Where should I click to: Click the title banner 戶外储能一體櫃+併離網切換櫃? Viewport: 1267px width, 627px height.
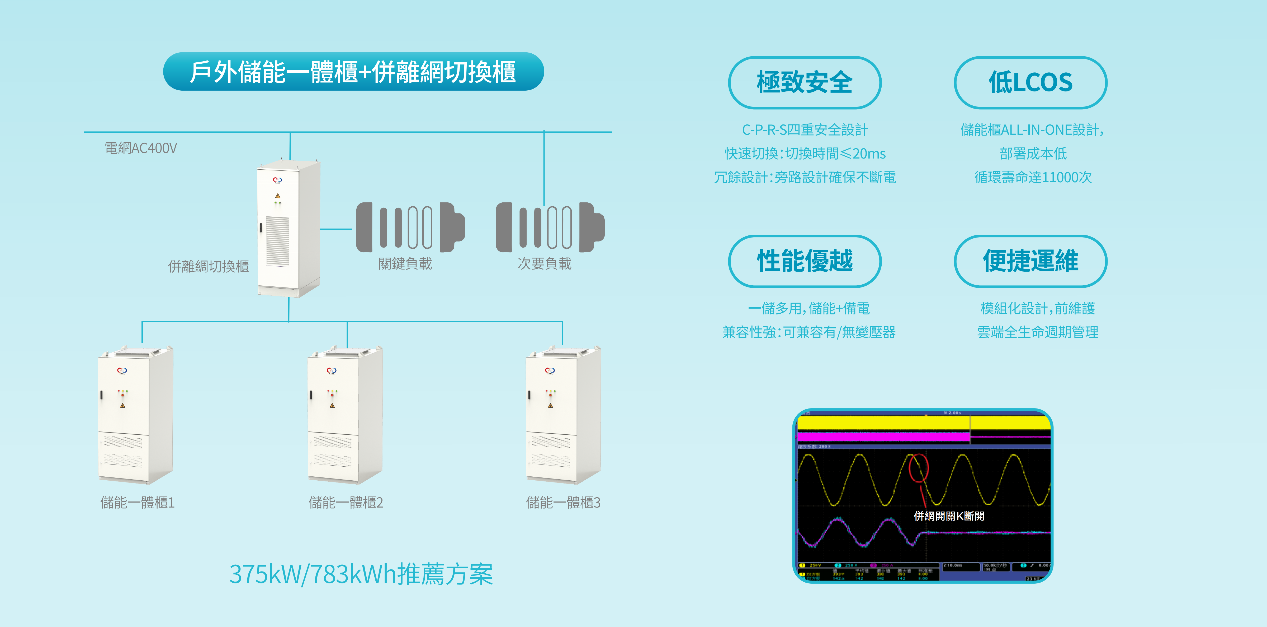(353, 72)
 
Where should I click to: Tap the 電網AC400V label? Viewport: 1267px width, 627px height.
(141, 148)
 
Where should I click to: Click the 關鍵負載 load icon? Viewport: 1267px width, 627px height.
(410, 227)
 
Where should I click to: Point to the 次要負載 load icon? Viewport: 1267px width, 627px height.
(550, 227)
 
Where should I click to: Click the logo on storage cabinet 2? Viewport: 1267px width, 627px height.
(332, 370)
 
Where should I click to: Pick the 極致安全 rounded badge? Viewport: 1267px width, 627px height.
(804, 82)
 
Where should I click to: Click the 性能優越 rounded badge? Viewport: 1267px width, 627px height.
(804, 261)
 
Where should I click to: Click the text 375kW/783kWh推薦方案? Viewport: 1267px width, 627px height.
(361, 574)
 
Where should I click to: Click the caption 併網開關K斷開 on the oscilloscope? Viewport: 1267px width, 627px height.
(949, 516)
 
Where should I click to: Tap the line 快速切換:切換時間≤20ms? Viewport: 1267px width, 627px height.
(805, 154)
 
